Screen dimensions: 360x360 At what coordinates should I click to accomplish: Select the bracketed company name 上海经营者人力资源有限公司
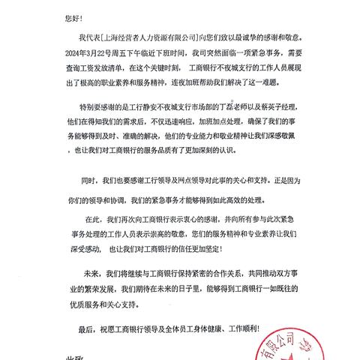click(156, 35)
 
